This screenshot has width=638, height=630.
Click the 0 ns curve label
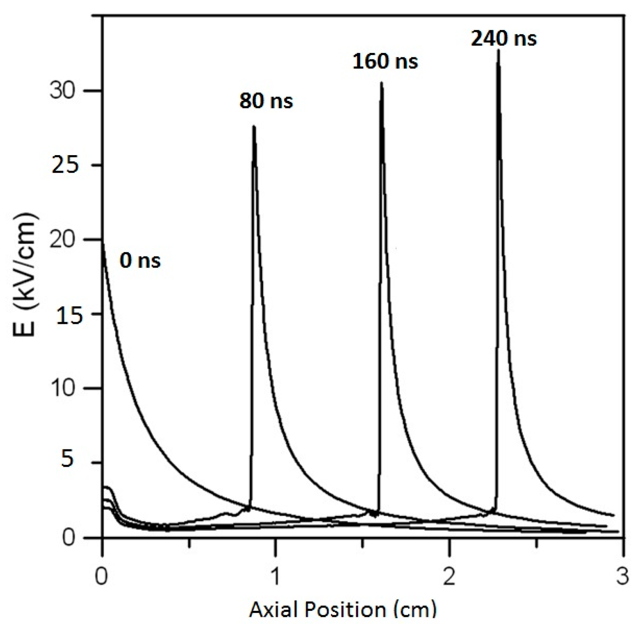(140, 260)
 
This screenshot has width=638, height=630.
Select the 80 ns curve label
(266, 101)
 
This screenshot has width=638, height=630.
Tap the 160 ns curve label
(385, 61)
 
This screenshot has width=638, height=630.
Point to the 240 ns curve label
(504, 39)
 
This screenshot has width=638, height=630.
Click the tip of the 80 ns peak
(254, 126)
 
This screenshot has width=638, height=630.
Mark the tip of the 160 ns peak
(382, 83)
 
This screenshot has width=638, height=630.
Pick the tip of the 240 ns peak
(499, 50)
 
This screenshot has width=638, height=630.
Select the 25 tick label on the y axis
(65, 165)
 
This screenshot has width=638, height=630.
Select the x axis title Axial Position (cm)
(343, 610)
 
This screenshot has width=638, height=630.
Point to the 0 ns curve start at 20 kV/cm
(103, 242)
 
